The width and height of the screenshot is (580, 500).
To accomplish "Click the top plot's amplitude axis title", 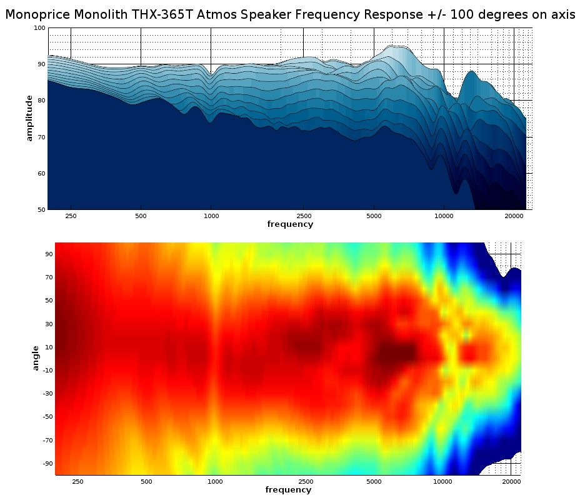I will click(29, 118).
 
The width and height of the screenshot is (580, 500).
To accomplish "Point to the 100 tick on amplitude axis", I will click(39, 28).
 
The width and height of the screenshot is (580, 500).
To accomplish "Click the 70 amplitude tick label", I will click(41, 137).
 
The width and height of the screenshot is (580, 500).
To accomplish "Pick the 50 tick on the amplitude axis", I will click(41, 209).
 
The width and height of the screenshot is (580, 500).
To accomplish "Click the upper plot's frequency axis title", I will click(290, 224).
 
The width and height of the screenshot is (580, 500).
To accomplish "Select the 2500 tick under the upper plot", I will click(304, 216).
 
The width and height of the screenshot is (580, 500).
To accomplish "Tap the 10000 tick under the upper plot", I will click(444, 216).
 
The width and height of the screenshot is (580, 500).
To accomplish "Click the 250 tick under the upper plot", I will click(71, 216).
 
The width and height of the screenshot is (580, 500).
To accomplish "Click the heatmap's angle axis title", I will click(36, 357).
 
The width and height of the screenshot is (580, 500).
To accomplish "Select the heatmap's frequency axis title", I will click(288, 490).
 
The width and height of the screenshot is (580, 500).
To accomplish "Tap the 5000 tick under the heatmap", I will click(374, 482).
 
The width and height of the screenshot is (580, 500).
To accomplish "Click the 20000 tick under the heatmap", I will click(511, 482).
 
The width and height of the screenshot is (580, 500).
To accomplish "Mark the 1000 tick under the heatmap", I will click(215, 482).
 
